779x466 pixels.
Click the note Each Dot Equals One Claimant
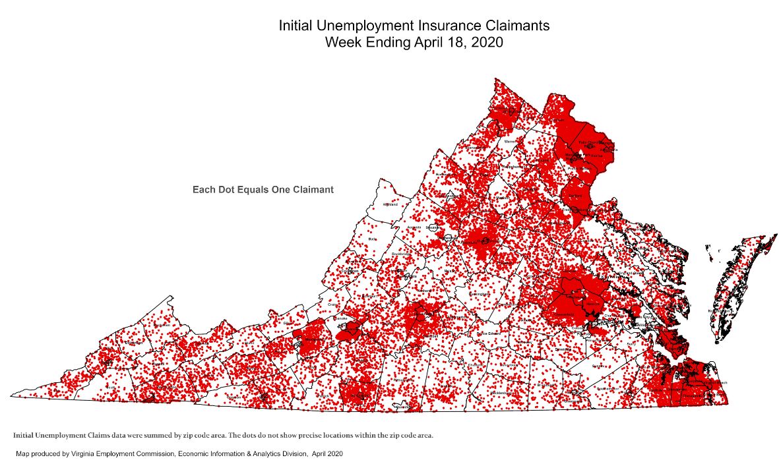tap(263, 190)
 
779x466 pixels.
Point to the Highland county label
tap(391, 205)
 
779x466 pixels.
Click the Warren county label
tap(509, 141)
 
